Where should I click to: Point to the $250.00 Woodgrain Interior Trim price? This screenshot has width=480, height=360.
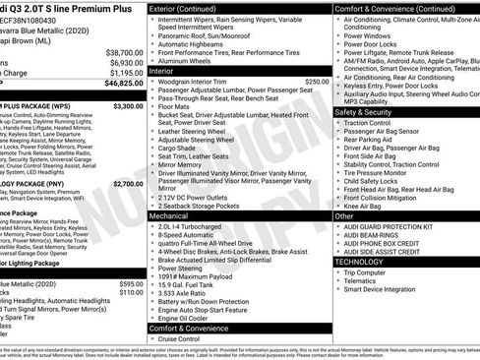tap(317, 82)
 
